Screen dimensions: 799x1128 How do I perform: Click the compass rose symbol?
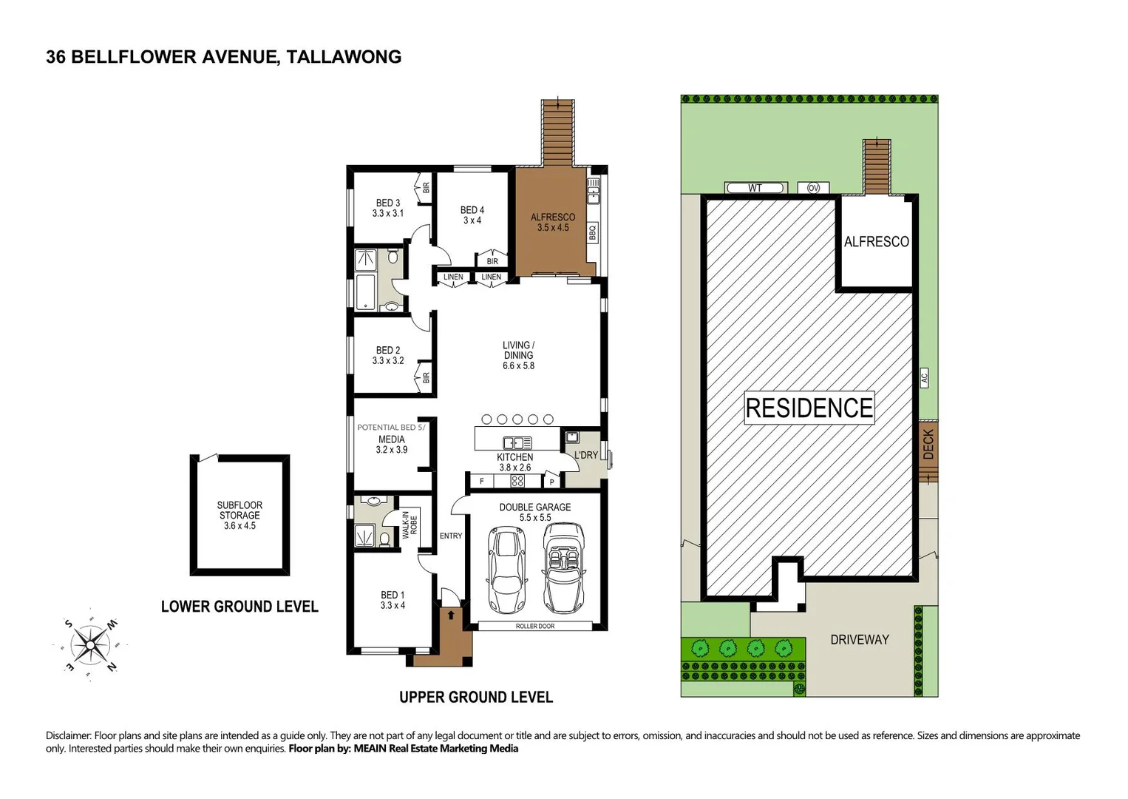(89, 645)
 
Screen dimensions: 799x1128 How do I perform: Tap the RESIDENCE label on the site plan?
(809, 408)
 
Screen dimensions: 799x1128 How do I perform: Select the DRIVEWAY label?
(859, 639)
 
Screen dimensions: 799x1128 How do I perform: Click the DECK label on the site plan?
(928, 445)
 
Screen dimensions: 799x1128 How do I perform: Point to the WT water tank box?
(754, 188)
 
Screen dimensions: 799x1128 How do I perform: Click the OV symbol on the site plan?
(813, 188)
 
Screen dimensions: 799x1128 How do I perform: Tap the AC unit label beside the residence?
(924, 377)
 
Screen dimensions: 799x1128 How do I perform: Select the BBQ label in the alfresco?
(592, 233)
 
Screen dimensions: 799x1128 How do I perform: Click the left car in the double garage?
(506, 570)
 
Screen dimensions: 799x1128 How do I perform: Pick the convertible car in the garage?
(563, 568)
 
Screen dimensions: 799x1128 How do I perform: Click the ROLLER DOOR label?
(534, 626)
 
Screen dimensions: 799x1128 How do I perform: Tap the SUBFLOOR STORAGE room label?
(239, 515)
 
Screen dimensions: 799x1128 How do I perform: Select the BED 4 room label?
(472, 215)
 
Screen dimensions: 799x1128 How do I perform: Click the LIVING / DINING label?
(518, 355)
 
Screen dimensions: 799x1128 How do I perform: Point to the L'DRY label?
(585, 455)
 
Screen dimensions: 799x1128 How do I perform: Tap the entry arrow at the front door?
(451, 615)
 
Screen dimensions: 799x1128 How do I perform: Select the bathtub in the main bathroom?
(366, 292)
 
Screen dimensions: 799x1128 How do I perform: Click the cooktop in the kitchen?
(517, 482)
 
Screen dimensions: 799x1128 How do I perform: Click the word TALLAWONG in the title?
(344, 57)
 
